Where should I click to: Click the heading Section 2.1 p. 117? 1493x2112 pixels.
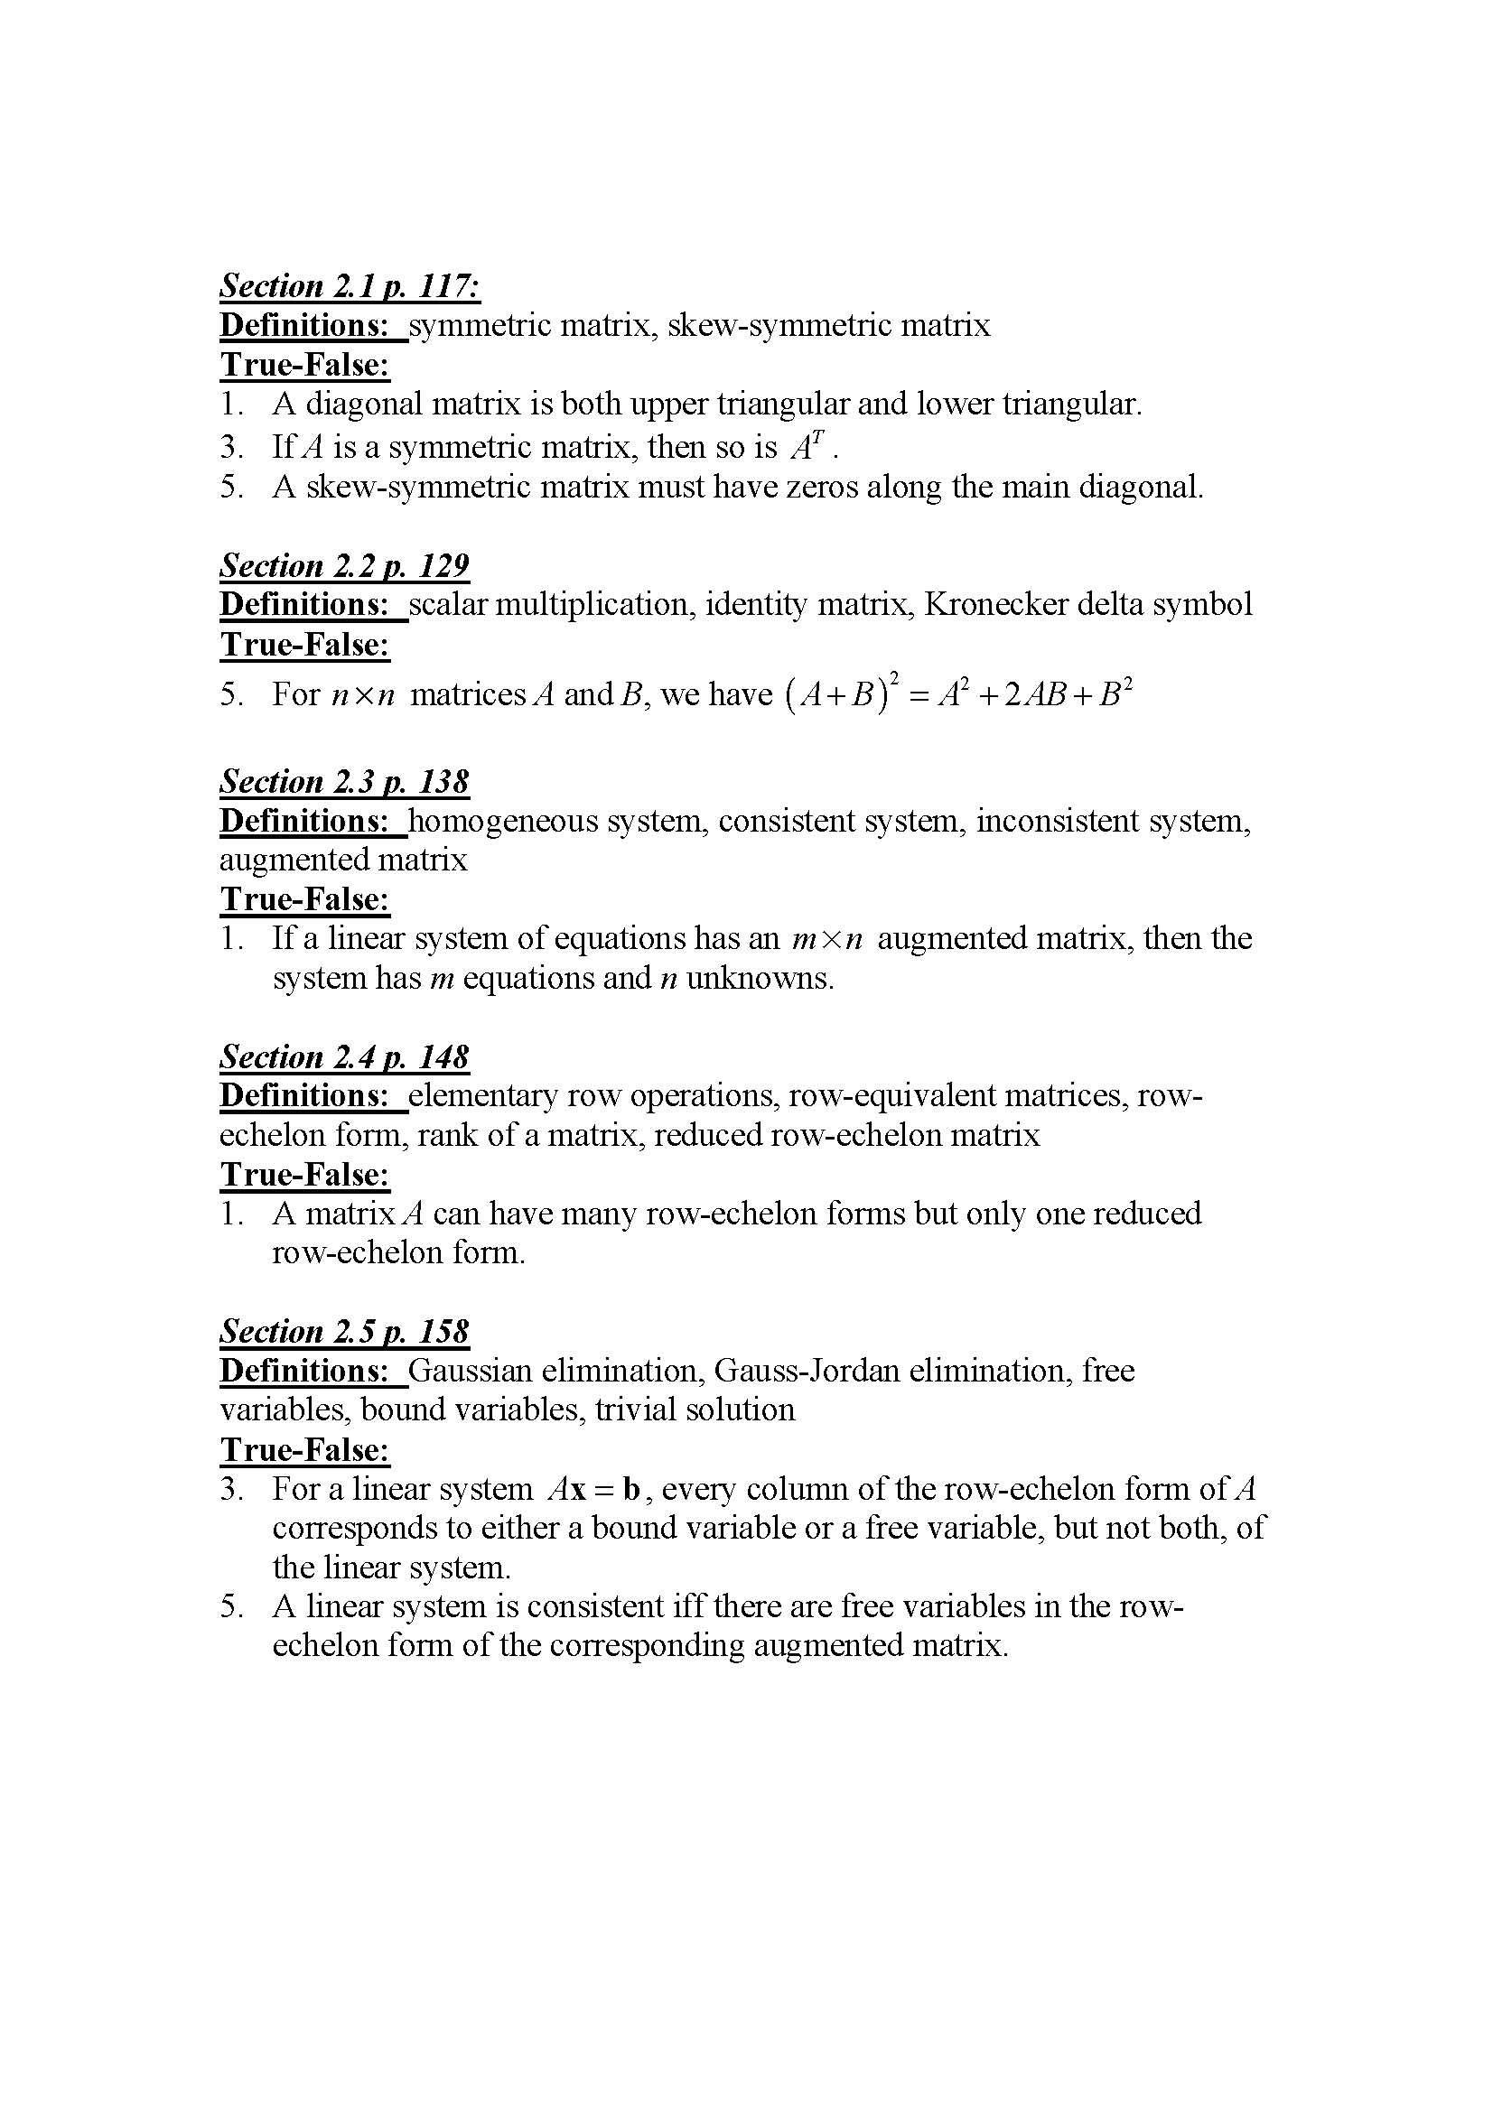(x=350, y=287)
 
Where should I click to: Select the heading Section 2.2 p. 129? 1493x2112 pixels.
(x=344, y=566)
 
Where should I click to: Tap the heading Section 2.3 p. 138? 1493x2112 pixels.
(x=344, y=782)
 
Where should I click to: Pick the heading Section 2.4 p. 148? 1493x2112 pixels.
(x=344, y=1057)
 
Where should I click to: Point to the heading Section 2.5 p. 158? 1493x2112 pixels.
(x=344, y=1332)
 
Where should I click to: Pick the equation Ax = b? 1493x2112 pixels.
(x=593, y=1489)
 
